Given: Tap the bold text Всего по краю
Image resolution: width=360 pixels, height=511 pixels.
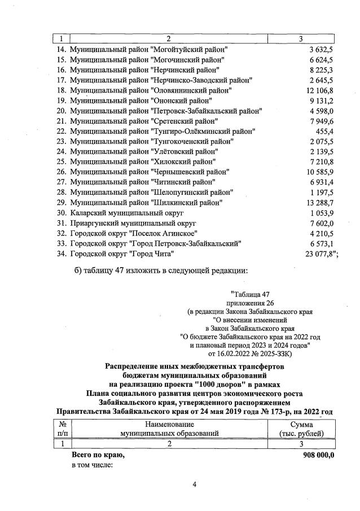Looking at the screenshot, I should [98, 455].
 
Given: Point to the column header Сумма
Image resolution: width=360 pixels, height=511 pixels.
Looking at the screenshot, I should [306, 424].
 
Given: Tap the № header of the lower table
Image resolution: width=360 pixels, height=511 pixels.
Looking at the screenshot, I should [63, 424].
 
